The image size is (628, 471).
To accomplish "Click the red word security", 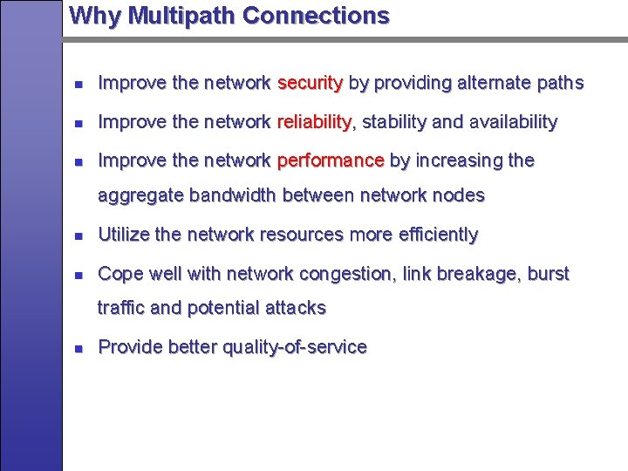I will (310, 83).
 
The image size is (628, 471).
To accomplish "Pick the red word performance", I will (331, 160).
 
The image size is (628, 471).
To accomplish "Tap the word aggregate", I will (140, 195).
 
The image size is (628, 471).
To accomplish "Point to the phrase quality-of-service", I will (295, 347).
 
